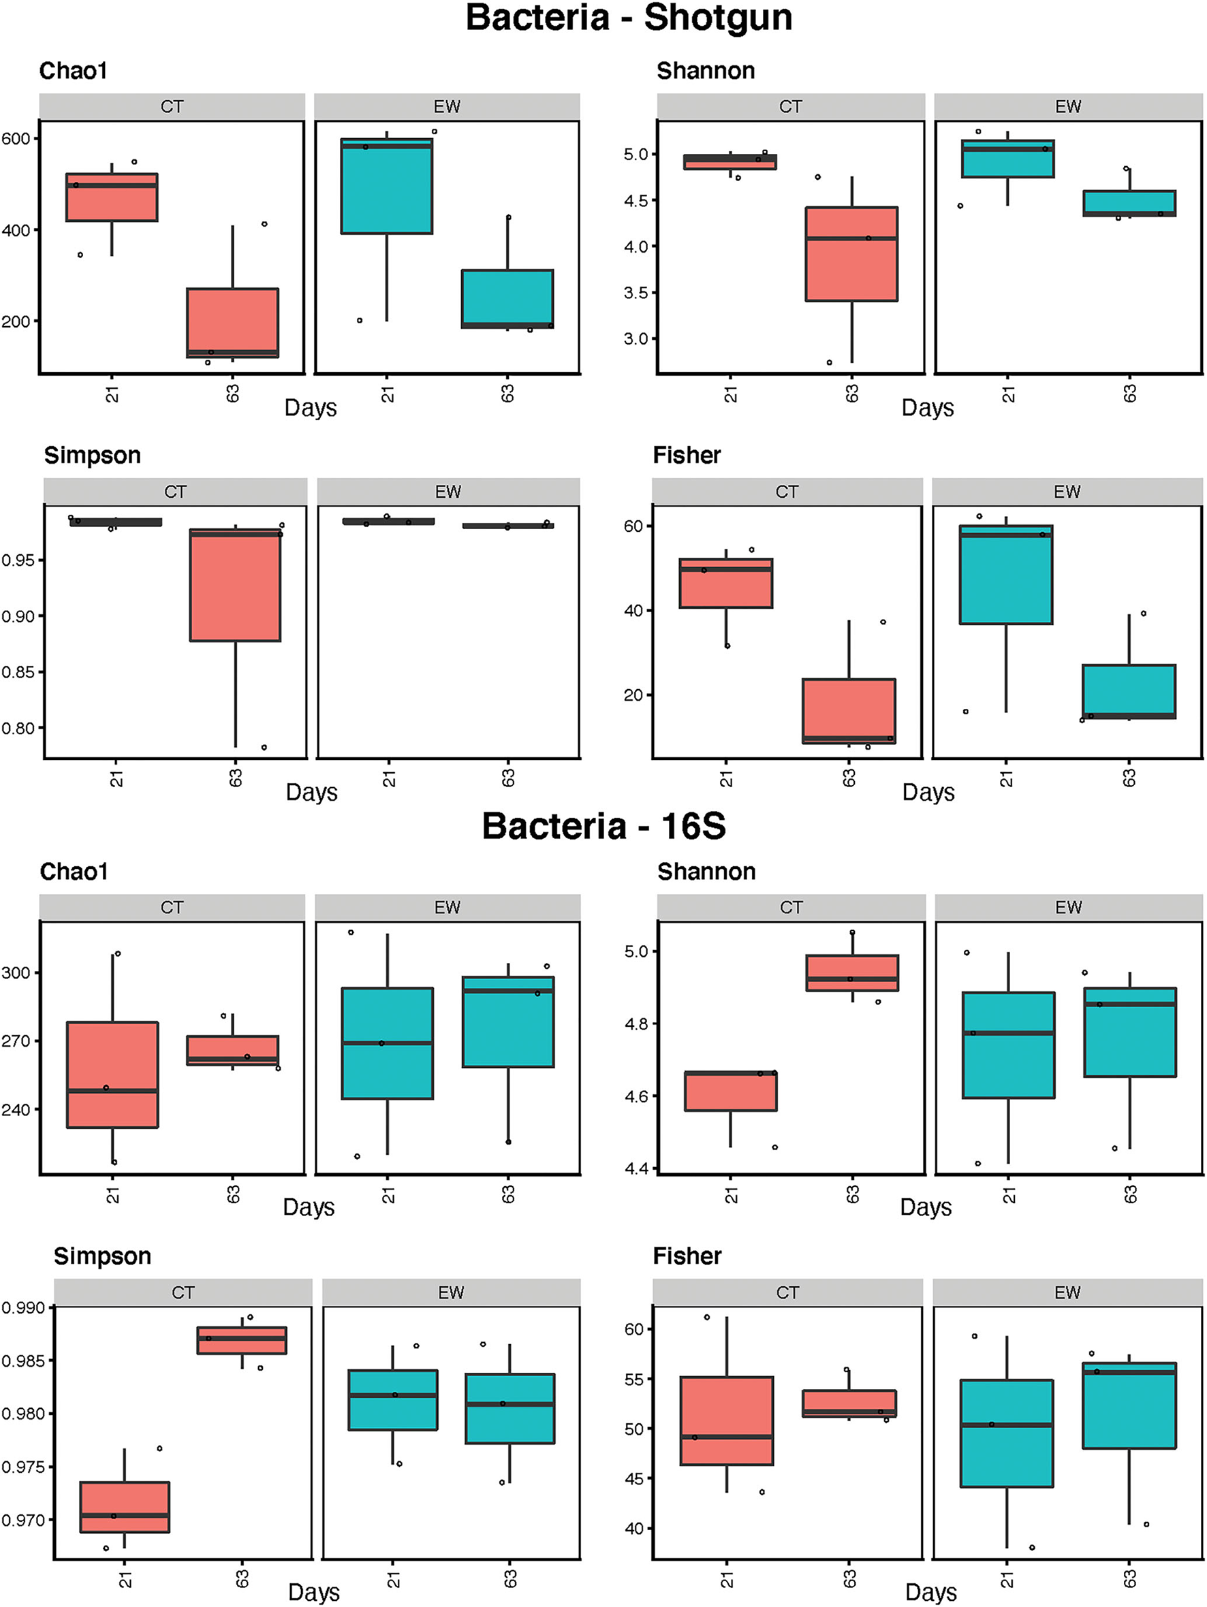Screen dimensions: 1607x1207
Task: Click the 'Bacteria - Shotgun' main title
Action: pyautogui.click(x=629, y=18)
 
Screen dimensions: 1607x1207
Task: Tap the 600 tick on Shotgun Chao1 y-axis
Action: pyautogui.click(x=15, y=139)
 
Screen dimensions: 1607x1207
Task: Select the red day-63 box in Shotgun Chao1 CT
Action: pyautogui.click(x=232, y=323)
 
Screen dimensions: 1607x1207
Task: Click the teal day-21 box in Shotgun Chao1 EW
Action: pyautogui.click(x=387, y=186)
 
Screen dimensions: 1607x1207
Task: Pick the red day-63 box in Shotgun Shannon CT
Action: pyautogui.click(x=851, y=254)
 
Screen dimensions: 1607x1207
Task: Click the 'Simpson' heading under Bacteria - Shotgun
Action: pyautogui.click(x=92, y=456)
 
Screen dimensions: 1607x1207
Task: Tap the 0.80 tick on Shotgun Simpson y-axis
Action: pyautogui.click(x=18, y=728)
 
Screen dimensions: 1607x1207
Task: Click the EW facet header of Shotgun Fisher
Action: pyautogui.click(x=1067, y=492)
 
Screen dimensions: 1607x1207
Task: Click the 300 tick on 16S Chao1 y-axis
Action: pyautogui.click(x=16, y=973)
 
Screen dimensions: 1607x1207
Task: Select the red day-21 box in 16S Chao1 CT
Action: pyautogui.click(x=112, y=1075)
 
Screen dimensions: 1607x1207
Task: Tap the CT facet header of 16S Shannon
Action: pyautogui.click(x=791, y=908)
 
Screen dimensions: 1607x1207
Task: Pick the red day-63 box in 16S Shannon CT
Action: pyautogui.click(x=851, y=973)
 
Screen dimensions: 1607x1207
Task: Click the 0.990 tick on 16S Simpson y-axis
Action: pyautogui.click(x=23, y=1307)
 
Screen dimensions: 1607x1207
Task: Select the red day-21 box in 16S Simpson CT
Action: pyautogui.click(x=125, y=1507)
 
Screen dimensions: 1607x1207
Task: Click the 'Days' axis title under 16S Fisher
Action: pyautogui.click(x=930, y=1593)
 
